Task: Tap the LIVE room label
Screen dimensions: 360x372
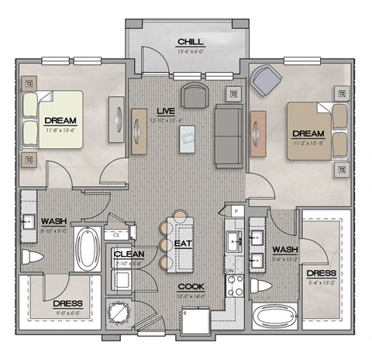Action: (185, 112)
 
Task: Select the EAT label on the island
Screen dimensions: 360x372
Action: (184, 243)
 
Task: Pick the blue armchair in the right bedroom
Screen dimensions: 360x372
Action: (267, 79)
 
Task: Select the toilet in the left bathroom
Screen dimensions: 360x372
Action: (33, 256)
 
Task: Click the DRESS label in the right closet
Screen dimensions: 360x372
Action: (321, 274)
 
